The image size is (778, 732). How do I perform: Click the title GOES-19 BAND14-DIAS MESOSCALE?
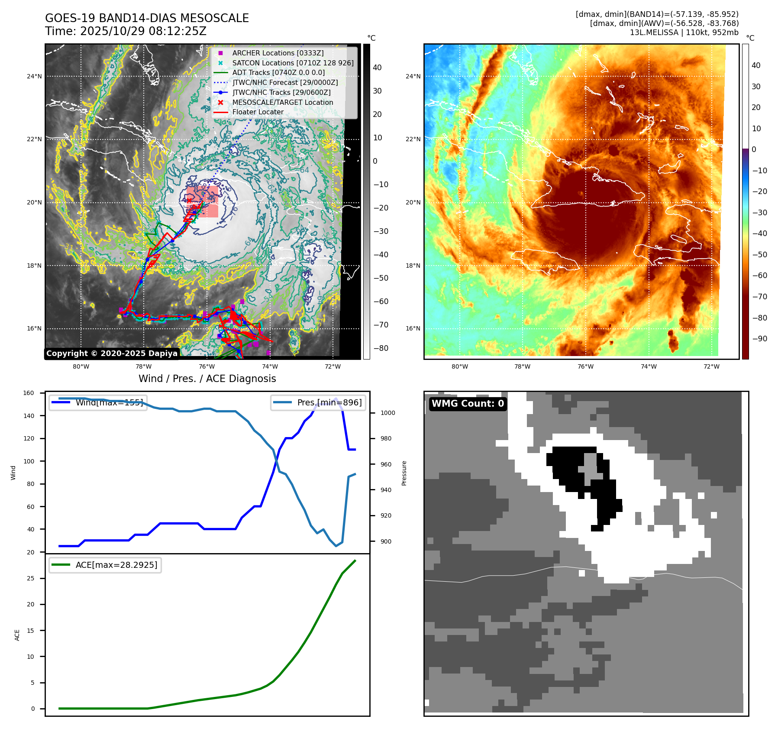(x=147, y=18)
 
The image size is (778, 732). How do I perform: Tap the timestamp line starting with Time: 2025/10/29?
(x=126, y=32)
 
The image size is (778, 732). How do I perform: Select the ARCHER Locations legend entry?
(x=278, y=53)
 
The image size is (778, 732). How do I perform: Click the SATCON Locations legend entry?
(x=293, y=63)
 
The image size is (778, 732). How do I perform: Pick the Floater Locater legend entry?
(x=258, y=112)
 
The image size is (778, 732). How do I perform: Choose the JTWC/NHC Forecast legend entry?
(x=285, y=82)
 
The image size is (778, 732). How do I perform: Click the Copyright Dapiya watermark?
(x=112, y=353)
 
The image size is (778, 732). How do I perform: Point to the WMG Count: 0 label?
(x=468, y=404)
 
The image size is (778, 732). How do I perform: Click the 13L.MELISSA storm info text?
(x=684, y=32)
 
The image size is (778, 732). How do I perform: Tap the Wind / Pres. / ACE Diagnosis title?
(x=207, y=379)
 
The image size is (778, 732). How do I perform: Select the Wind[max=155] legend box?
(x=98, y=402)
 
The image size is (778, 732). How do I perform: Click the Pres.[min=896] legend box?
(x=318, y=402)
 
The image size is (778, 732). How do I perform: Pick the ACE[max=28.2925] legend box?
(x=105, y=565)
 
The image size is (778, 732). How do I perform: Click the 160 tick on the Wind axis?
(x=29, y=393)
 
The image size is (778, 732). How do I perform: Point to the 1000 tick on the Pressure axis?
(x=387, y=413)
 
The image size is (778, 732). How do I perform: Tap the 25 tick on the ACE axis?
(x=30, y=578)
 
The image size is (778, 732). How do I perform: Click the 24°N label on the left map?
(x=34, y=77)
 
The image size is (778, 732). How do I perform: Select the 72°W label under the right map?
(x=711, y=366)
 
